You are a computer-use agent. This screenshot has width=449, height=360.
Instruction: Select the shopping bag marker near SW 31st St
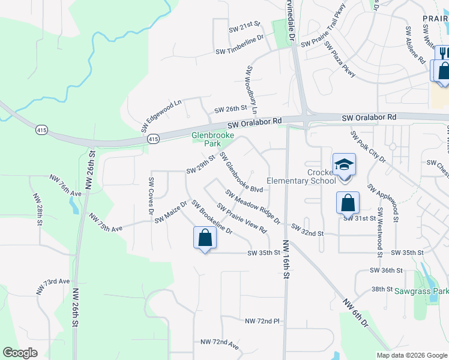pos(348,203)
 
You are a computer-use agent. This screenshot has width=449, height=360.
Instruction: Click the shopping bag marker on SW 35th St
pos(205,238)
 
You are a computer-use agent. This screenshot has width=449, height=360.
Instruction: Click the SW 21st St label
pos(244,27)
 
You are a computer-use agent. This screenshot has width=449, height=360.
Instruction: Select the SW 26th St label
pos(231,109)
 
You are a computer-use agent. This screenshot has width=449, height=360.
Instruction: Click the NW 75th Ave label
pos(106,221)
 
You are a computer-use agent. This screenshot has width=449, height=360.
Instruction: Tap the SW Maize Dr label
pos(170,212)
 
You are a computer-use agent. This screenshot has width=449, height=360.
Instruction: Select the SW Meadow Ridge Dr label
pos(253,206)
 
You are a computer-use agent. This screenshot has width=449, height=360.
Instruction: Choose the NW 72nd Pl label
pos(262,322)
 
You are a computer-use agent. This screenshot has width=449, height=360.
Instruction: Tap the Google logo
pos(20,353)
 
